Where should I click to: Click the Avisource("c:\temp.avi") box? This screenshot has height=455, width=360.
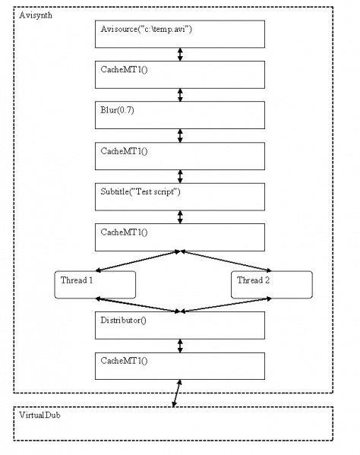coord(180,34)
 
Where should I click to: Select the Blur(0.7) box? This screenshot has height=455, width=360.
coord(180,115)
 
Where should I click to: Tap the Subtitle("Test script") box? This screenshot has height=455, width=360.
coord(180,197)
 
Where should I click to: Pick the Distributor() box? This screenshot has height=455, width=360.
coord(180,325)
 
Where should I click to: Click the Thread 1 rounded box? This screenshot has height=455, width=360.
coord(95,285)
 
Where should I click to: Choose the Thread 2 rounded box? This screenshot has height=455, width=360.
coord(272,285)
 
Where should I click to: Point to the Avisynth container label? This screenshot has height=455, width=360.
coord(36,15)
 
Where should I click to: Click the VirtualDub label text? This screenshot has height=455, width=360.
coord(39,415)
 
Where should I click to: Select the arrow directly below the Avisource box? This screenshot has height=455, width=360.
coord(180,55)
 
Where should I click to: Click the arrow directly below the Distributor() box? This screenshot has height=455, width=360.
coord(180,346)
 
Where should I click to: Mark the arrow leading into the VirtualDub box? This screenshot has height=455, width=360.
coord(177,393)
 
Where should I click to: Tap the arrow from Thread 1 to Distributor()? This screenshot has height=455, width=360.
coord(137,305)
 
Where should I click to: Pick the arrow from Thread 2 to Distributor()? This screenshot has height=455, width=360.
coord(226,305)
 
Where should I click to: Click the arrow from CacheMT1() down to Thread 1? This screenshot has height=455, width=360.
coord(137,261)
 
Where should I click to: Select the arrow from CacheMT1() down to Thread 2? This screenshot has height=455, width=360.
coord(226,261)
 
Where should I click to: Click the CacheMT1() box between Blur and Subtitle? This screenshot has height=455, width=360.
coord(180,156)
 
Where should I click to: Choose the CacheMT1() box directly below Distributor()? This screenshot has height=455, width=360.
coord(180,366)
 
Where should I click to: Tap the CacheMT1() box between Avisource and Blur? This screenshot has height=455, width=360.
coord(180,74)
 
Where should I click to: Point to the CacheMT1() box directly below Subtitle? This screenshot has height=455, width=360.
coord(180,237)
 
